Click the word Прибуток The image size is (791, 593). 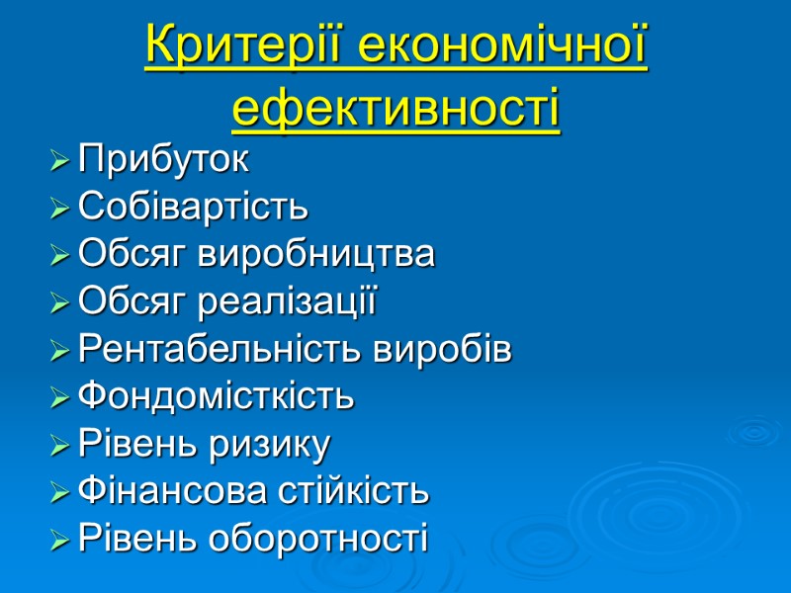(163, 158)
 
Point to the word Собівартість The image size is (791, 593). (193, 207)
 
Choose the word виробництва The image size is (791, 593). (316, 254)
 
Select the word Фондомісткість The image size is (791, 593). (215, 396)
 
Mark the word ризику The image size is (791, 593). (281, 445)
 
